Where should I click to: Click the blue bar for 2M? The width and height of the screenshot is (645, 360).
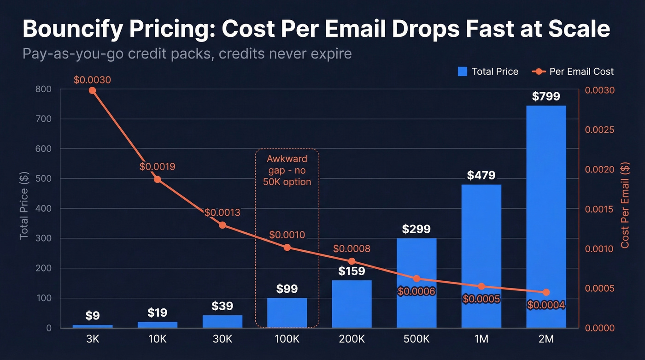click(546, 217)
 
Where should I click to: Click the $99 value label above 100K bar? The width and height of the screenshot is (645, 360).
click(287, 289)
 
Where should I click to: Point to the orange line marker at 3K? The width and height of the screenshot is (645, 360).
click(92, 90)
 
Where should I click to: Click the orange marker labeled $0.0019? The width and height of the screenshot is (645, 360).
click(158, 179)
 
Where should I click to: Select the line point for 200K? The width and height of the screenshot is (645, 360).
click(352, 261)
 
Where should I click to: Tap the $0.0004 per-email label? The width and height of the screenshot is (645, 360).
click(546, 305)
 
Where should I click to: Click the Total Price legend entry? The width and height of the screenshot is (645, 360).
click(488, 71)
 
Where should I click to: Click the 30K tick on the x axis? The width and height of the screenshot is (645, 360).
click(222, 339)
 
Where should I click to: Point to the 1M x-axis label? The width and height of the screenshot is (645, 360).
click(481, 339)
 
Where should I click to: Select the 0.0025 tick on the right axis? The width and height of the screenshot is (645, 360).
click(599, 130)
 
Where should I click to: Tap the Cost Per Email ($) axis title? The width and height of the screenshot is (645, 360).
click(625, 205)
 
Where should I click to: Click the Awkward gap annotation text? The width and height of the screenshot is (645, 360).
click(287, 170)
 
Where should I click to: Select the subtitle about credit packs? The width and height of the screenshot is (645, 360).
click(187, 53)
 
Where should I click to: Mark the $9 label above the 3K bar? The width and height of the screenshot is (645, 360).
click(92, 316)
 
